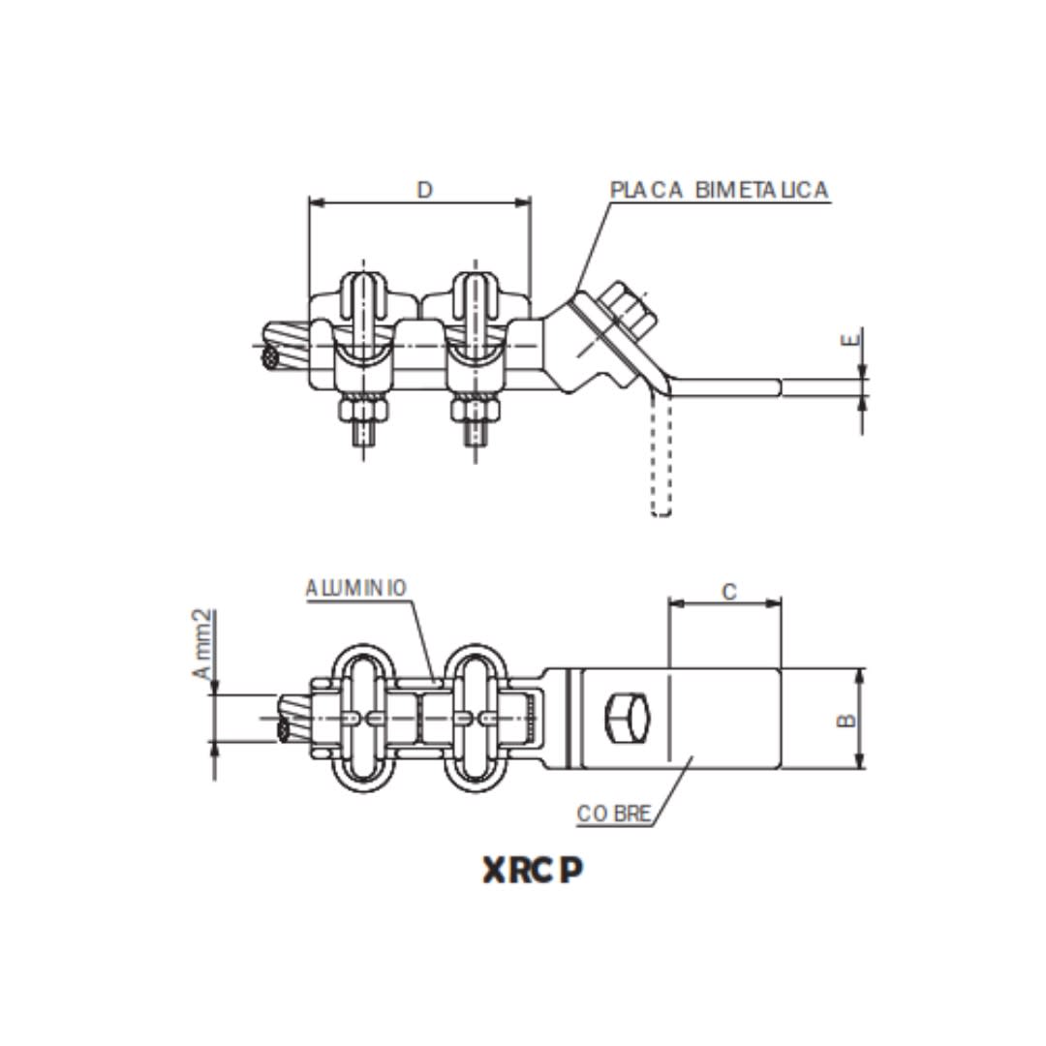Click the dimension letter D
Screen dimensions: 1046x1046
pos(424,190)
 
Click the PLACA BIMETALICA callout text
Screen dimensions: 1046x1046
pos(719,190)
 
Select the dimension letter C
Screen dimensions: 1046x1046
pos(729,591)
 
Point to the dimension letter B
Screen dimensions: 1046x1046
pos(846,720)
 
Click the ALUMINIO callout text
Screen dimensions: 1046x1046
pos(355,588)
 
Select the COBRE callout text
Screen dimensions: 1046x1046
pos(614,813)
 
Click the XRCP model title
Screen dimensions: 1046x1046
pos(534,871)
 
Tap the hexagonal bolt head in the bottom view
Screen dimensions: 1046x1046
pos(628,719)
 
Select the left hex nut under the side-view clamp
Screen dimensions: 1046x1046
pos(363,410)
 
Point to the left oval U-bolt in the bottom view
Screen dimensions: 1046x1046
pos(363,718)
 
